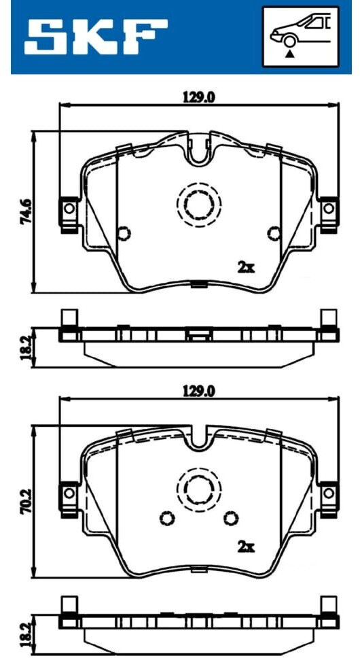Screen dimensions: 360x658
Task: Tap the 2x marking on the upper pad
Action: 247,268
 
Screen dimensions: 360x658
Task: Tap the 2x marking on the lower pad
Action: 247,547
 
